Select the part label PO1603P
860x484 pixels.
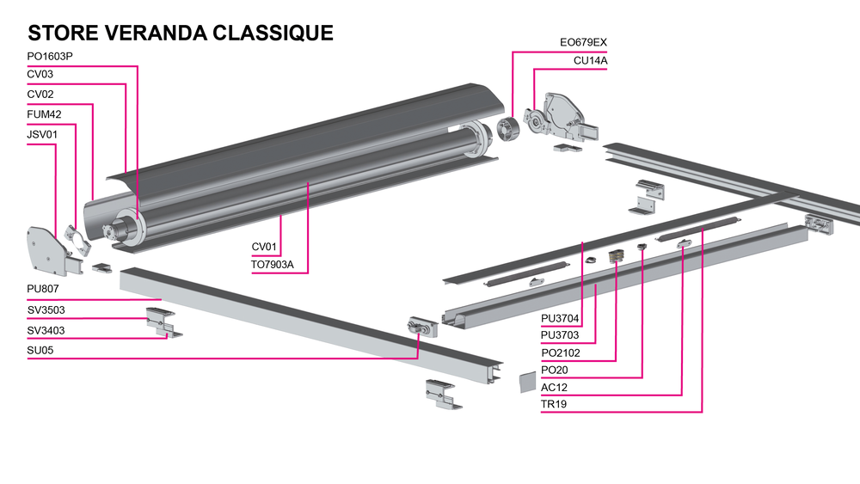[51, 57]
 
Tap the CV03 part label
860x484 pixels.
[40, 75]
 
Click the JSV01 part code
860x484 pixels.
[43, 134]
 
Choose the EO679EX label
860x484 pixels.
[583, 42]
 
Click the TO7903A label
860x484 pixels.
[273, 264]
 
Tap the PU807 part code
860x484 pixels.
[43, 289]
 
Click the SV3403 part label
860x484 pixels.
[46, 330]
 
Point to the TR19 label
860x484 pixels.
[554, 404]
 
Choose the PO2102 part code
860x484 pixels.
[560, 353]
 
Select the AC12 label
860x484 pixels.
[554, 387]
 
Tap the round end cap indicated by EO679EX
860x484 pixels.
[507, 131]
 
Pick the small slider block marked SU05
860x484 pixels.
[421, 325]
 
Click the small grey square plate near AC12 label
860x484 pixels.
[525, 382]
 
